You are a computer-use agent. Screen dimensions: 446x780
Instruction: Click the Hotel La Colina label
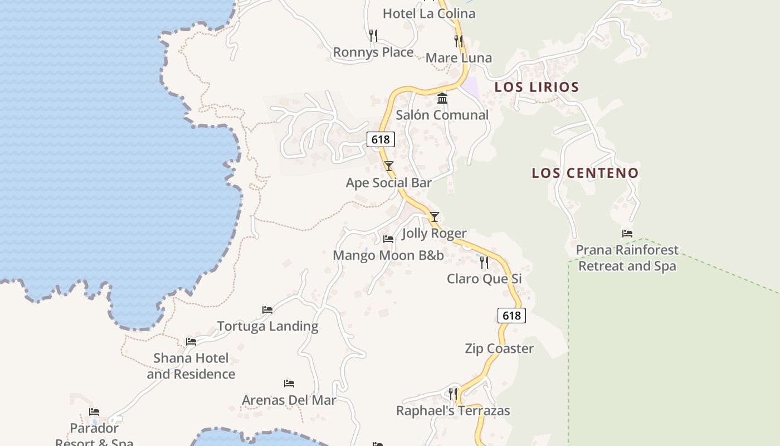[x=429, y=13]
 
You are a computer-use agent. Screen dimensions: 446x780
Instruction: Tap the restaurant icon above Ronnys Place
[x=373, y=36]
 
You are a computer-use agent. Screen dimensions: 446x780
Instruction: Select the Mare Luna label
[x=459, y=58]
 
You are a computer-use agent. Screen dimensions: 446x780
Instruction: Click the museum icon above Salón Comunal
[x=442, y=99]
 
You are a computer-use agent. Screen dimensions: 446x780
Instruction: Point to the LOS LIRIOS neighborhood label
[x=537, y=87]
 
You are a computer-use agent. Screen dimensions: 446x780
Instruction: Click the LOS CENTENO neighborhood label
[x=585, y=173]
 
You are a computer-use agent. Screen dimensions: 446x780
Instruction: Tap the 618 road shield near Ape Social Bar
[x=381, y=139]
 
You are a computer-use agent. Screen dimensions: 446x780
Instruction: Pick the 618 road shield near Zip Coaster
[x=511, y=316]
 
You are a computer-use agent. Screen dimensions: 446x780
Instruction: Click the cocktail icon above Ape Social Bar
[x=389, y=166]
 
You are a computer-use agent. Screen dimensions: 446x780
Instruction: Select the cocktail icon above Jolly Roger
[x=435, y=217]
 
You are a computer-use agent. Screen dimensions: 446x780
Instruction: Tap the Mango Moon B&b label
[x=388, y=255]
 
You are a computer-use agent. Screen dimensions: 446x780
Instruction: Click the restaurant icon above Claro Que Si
[x=484, y=262]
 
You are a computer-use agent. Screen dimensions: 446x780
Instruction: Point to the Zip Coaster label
[x=499, y=348]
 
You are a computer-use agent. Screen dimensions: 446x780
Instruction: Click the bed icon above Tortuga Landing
[x=267, y=310]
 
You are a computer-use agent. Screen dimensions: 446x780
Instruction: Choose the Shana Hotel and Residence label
[x=191, y=366]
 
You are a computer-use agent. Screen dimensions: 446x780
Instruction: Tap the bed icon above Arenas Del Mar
[x=289, y=384]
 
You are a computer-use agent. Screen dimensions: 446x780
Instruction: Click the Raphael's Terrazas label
[x=453, y=411]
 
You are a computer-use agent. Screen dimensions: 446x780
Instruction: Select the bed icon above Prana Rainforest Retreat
[x=627, y=234]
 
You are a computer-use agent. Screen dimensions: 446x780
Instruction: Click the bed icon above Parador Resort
[x=94, y=413]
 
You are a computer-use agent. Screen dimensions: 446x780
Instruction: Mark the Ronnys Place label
[x=373, y=52]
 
